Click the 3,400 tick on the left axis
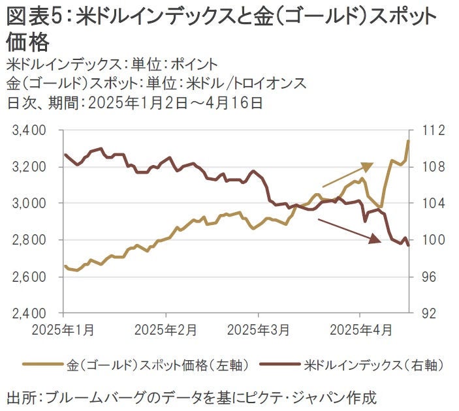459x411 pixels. click(29, 130)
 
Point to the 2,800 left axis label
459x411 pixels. click(29, 240)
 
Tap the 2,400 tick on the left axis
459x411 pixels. click(29, 313)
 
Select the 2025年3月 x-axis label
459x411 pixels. click(259, 329)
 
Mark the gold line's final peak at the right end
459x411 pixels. click(409, 140)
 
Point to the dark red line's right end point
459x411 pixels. click(409, 245)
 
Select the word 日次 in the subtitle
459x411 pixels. click(20, 102)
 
